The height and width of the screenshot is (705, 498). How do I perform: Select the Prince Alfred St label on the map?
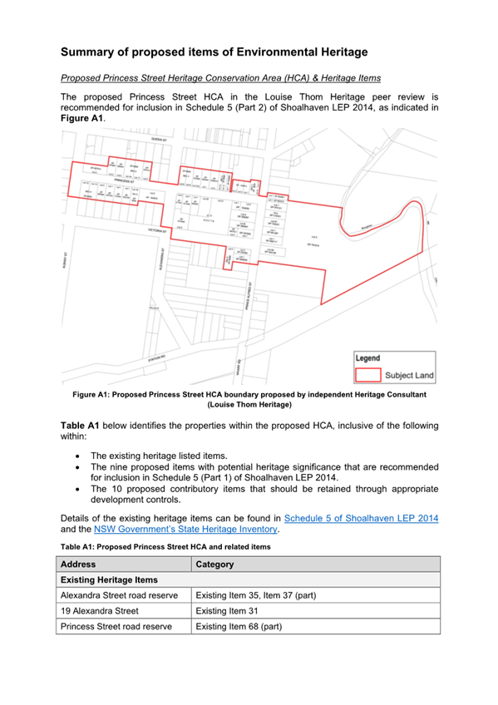(x=248, y=294)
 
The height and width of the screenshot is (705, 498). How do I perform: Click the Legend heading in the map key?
(x=367, y=357)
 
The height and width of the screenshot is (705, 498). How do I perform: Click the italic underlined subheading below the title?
(x=221, y=78)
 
